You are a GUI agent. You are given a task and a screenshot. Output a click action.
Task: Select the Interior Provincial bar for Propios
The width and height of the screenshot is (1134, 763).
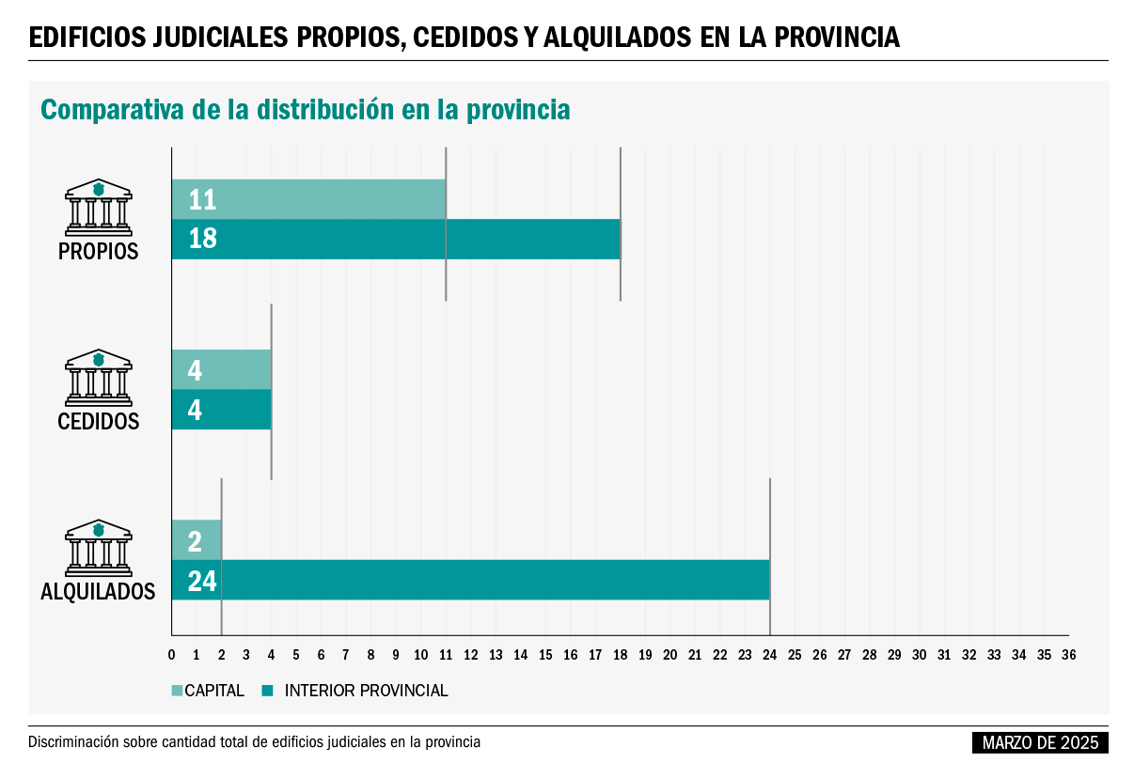click(x=396, y=239)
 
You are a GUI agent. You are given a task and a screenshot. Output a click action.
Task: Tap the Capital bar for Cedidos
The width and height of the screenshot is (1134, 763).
click(x=222, y=369)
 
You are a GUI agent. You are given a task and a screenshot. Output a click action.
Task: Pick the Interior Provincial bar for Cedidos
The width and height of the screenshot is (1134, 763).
click(x=222, y=410)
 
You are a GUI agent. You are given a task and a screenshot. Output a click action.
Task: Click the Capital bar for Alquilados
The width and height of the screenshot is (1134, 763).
click(x=197, y=540)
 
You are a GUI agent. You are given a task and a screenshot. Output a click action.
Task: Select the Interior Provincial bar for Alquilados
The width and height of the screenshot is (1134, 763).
click(x=470, y=580)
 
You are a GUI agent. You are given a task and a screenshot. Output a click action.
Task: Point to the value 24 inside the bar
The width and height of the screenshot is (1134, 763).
click(x=202, y=581)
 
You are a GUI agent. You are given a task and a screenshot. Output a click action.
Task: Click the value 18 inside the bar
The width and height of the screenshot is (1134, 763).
click(x=202, y=239)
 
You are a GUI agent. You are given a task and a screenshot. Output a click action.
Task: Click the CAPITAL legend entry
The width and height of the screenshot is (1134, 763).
click(x=208, y=691)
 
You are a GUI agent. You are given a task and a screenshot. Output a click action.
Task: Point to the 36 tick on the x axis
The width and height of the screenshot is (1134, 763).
click(x=1068, y=654)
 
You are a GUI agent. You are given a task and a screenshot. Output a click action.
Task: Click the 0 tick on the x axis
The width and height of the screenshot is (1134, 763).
click(x=171, y=654)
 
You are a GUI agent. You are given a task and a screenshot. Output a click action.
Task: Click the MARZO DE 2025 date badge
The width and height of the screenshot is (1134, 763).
click(x=1040, y=742)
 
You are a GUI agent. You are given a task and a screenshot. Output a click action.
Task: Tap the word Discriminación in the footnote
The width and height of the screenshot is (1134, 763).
click(x=74, y=742)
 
